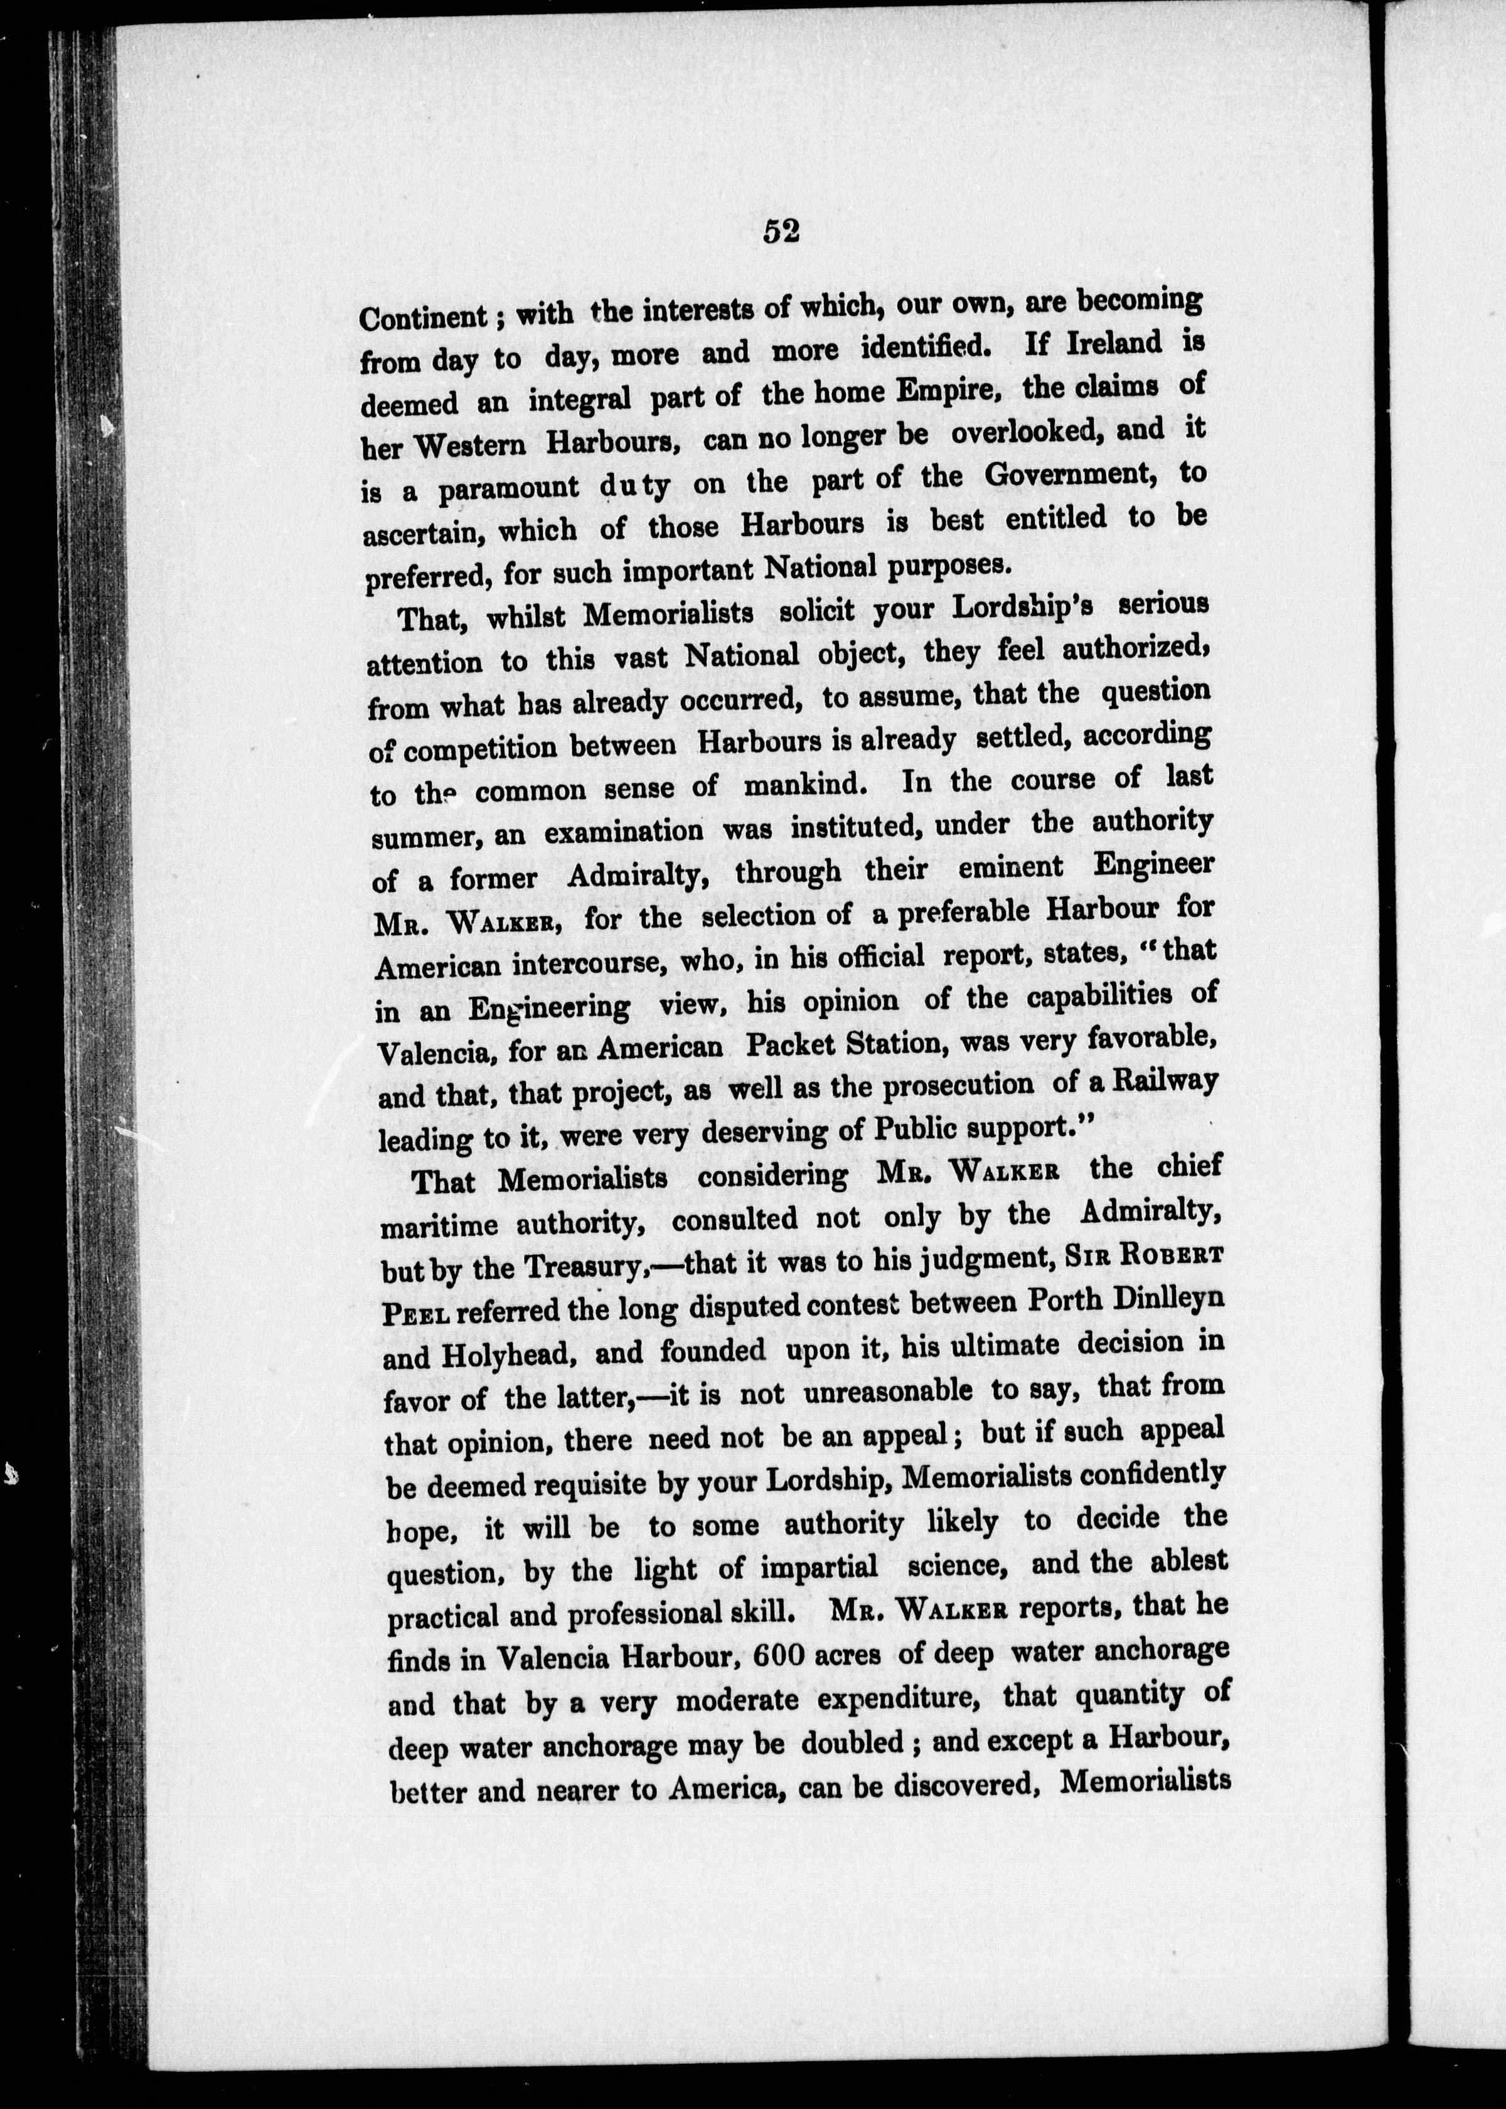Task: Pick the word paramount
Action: pos(509,488)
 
